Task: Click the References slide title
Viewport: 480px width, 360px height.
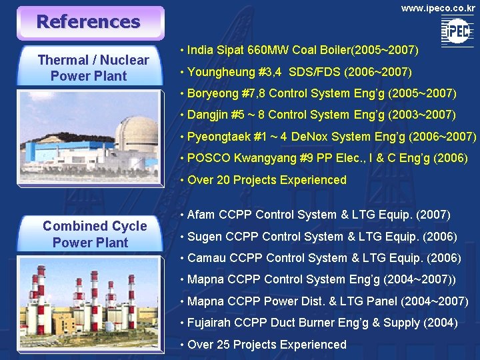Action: click(x=88, y=21)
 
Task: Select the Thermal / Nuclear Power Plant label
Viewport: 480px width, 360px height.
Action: click(x=93, y=67)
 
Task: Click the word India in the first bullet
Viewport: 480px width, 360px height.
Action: click(x=201, y=50)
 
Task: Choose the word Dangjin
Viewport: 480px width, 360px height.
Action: click(x=209, y=115)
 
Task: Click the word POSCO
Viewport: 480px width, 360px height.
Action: click(x=209, y=158)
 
